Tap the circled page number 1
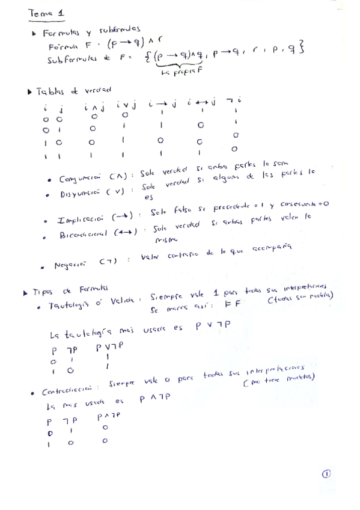[x=326, y=474]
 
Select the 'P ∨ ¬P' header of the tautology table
[x=107, y=348]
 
